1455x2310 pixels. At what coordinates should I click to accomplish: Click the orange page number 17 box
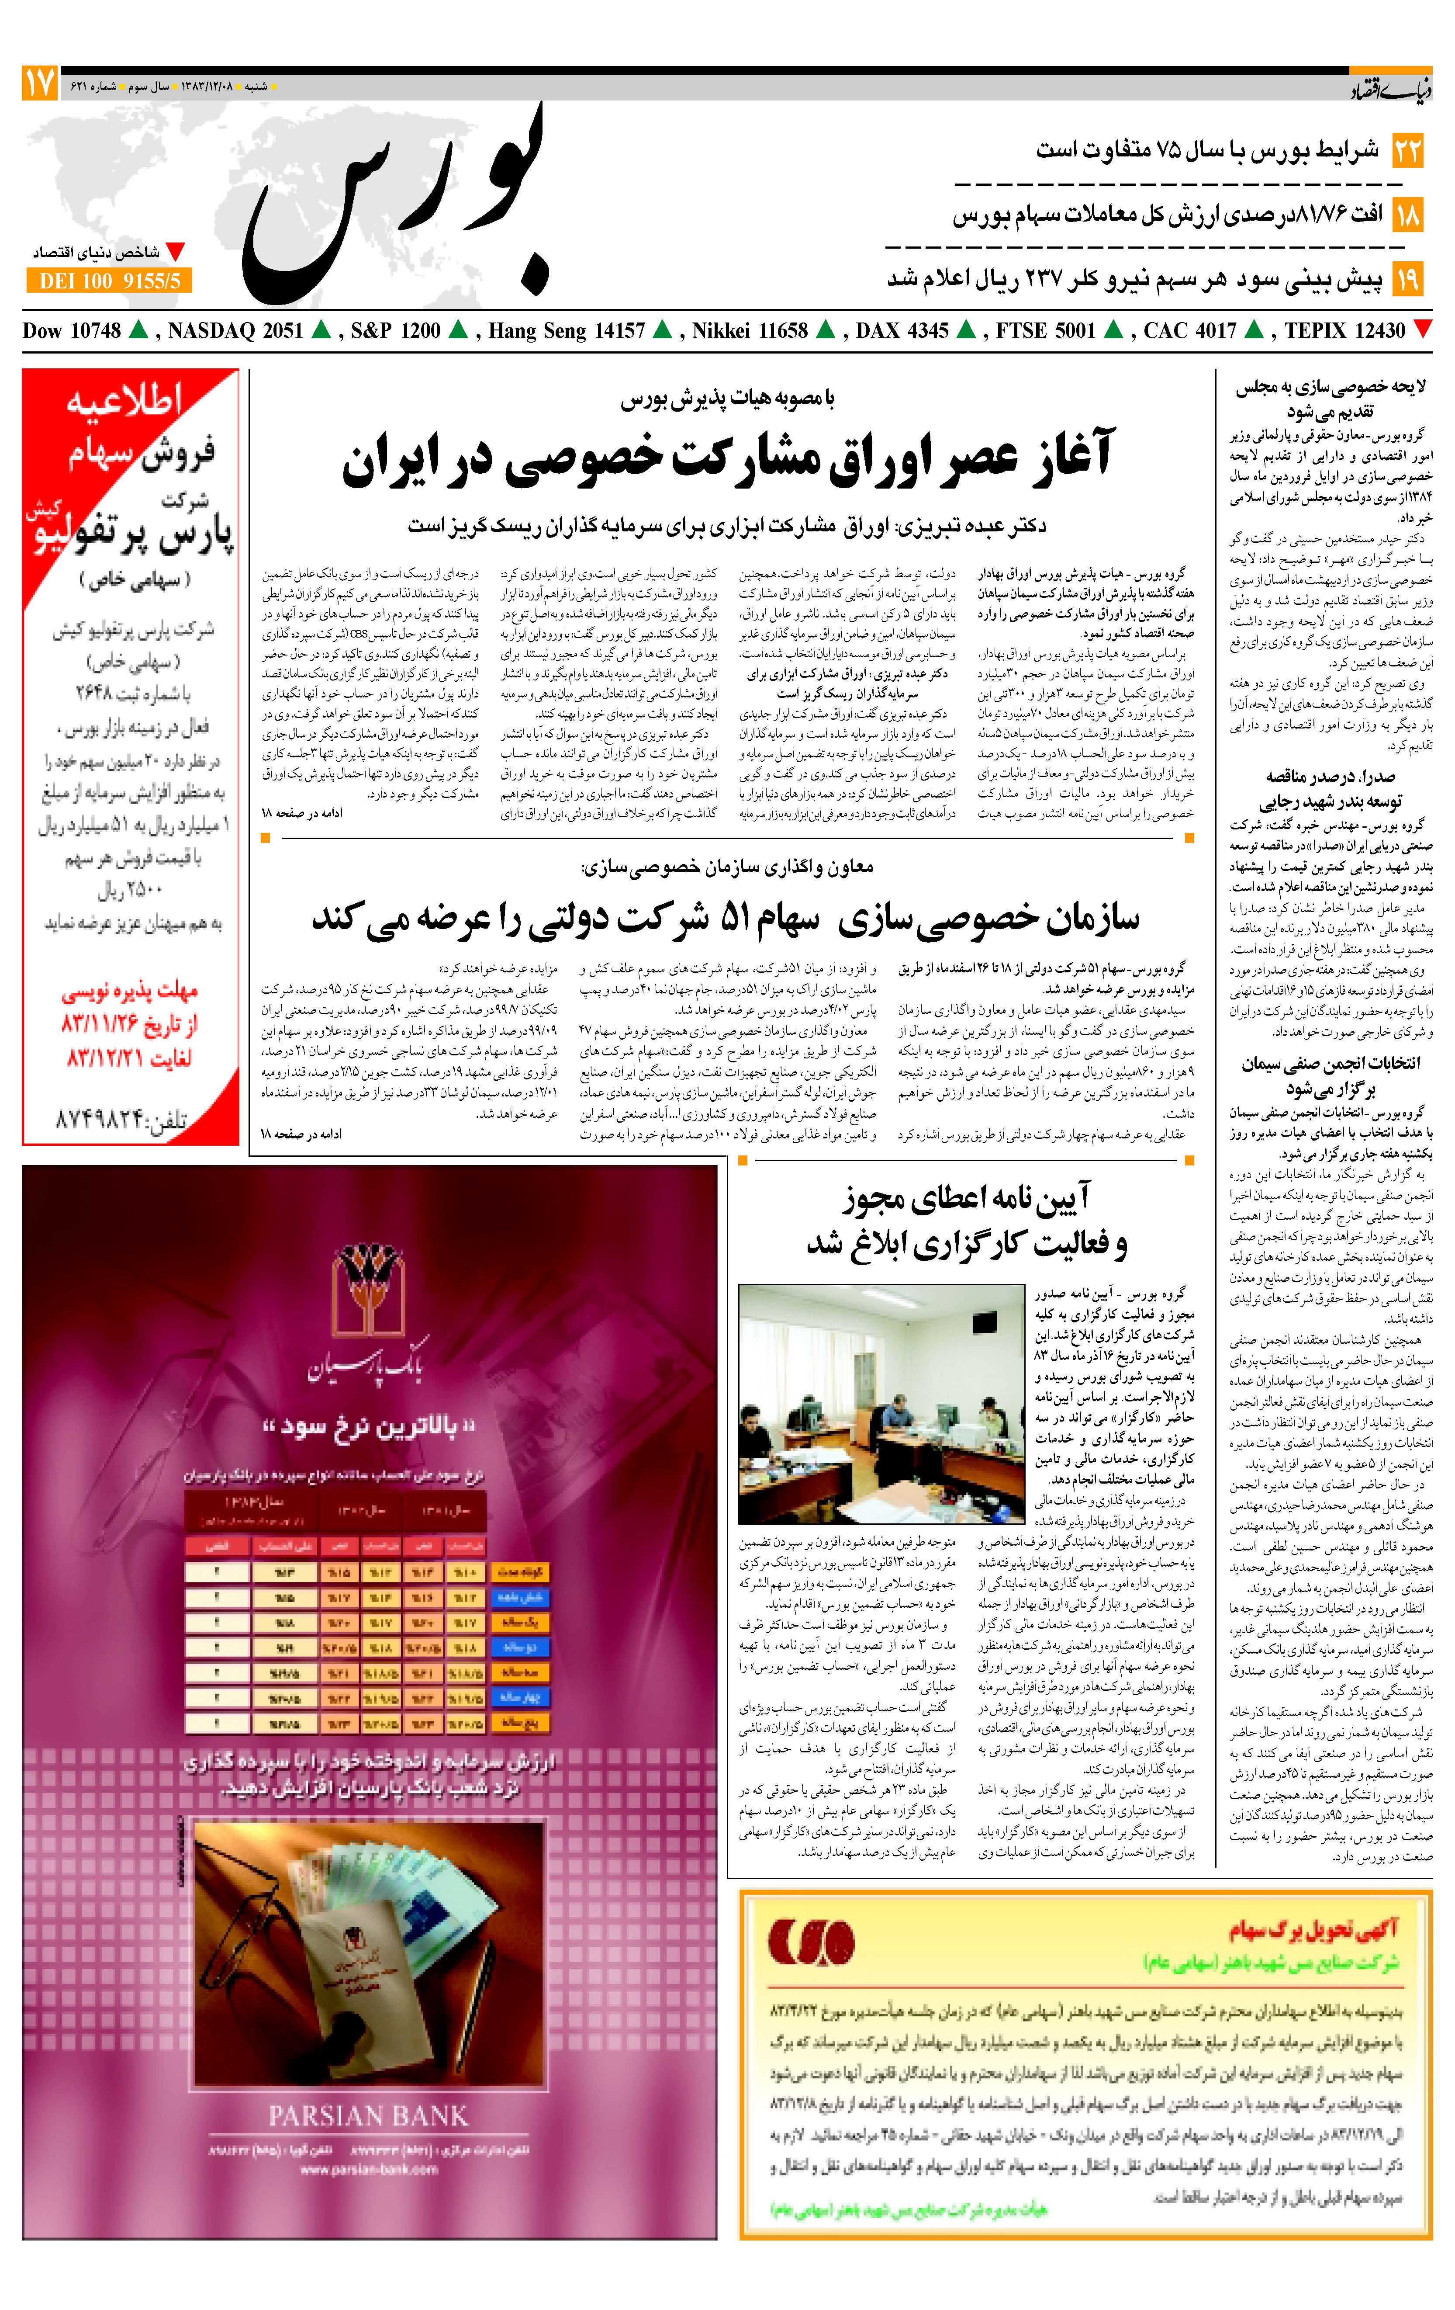[x=39, y=84]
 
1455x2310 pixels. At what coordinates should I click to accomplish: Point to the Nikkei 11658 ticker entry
[x=750, y=331]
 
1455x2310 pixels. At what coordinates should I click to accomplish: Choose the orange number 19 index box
[x=1407, y=280]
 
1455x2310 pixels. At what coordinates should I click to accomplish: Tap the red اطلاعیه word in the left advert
[x=124, y=401]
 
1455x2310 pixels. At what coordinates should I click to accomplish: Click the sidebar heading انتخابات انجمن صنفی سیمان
[x=1331, y=1076]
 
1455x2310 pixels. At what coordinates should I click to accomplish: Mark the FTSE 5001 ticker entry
[x=1045, y=331]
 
